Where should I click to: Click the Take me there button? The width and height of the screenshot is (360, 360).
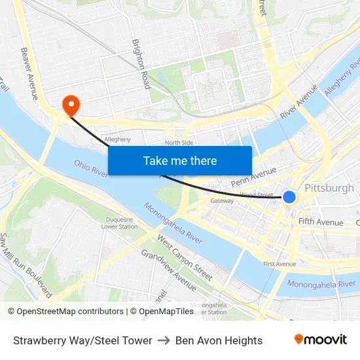pos(180,160)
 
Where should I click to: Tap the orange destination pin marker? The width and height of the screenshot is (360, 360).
pos(69,105)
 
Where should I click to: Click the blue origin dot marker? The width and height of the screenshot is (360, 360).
pos(289,196)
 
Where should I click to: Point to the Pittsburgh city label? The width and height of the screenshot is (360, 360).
pos(329,188)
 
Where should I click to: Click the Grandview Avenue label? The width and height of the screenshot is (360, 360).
pos(168,270)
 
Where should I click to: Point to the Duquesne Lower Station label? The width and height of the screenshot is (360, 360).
pos(119,223)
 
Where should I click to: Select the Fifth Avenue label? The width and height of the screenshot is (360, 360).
pos(321,223)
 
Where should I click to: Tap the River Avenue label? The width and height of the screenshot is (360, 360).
pos(298,101)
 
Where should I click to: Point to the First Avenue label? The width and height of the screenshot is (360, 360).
pos(279,264)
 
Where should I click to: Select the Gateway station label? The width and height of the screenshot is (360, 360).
pos(222,201)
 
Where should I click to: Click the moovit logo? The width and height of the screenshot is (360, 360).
pos(320,340)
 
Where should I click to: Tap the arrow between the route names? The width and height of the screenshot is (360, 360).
pos(164,340)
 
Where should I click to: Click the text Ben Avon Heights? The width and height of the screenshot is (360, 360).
pos(219,340)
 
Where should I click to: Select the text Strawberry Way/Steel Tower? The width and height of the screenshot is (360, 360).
pos(82,340)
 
